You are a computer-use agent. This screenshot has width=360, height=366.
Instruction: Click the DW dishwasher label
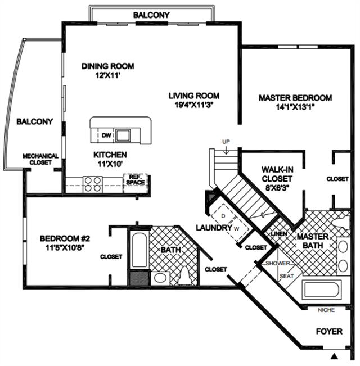[106, 135]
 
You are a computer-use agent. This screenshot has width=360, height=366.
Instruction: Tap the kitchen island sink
[123, 135]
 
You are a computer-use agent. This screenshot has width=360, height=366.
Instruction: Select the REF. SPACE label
[136, 180]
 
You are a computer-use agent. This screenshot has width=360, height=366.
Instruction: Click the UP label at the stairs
[226, 142]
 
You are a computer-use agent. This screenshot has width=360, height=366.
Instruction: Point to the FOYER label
[329, 332]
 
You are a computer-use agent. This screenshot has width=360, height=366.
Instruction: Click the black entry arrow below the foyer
[335, 356]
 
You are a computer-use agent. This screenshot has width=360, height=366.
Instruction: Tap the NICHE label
[326, 310]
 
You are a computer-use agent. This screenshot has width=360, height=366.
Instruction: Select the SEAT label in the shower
[287, 276]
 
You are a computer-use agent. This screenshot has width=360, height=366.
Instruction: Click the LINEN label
[279, 234]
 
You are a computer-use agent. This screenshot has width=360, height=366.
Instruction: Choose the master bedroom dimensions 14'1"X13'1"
[295, 107]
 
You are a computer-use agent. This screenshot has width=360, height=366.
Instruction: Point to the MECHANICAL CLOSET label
[40, 159]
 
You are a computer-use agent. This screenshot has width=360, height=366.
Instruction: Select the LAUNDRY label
[214, 228]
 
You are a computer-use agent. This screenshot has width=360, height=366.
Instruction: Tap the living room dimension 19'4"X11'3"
[194, 105]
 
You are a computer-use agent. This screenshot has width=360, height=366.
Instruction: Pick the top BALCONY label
[151, 15]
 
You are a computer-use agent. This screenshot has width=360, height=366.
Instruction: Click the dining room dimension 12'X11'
[108, 76]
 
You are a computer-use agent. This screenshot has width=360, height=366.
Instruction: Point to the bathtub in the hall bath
[139, 250]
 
